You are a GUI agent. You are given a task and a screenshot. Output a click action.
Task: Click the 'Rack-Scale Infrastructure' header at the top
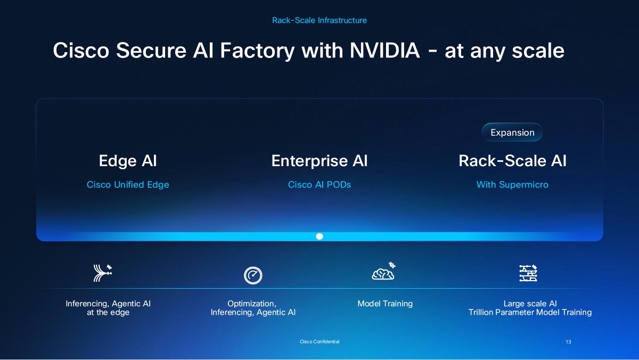click(x=319, y=20)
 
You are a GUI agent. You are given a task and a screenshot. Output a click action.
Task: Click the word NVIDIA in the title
click(x=385, y=50)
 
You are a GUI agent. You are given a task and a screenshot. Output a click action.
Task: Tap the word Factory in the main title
click(x=257, y=51)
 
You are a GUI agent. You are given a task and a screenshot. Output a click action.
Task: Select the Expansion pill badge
click(x=512, y=133)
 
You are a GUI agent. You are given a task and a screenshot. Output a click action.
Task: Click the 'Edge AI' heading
click(x=128, y=161)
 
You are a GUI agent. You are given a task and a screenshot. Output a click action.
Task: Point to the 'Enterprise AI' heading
click(x=319, y=161)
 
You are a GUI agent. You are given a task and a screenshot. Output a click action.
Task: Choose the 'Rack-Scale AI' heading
click(x=512, y=161)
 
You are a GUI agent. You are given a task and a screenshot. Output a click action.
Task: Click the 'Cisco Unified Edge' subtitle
click(x=128, y=185)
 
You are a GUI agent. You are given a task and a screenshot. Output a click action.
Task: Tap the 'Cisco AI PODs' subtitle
click(x=319, y=185)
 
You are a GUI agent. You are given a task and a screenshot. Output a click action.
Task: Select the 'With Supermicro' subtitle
click(x=512, y=185)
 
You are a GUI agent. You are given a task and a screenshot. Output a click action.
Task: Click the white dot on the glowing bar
click(x=319, y=236)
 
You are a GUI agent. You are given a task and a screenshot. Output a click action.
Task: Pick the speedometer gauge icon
click(x=253, y=275)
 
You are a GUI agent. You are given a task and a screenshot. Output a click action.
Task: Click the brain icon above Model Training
click(x=384, y=272)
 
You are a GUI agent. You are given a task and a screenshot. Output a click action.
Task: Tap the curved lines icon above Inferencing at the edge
click(x=102, y=273)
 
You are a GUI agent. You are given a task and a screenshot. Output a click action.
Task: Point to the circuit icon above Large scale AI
click(x=528, y=273)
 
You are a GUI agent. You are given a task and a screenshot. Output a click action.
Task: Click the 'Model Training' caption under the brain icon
click(x=385, y=304)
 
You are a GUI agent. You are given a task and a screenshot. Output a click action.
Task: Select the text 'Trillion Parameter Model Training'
click(x=530, y=313)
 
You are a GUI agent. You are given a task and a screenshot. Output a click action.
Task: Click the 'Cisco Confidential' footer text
click(x=319, y=342)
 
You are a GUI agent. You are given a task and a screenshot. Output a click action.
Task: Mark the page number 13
click(x=568, y=342)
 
